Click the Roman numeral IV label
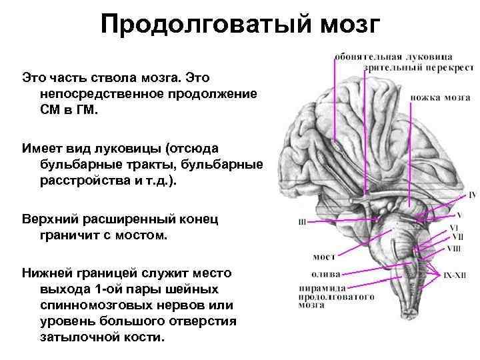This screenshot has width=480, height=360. pos(472,195)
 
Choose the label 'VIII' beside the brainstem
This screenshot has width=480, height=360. pos(454,249)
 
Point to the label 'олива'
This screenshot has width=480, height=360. pos(325,274)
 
